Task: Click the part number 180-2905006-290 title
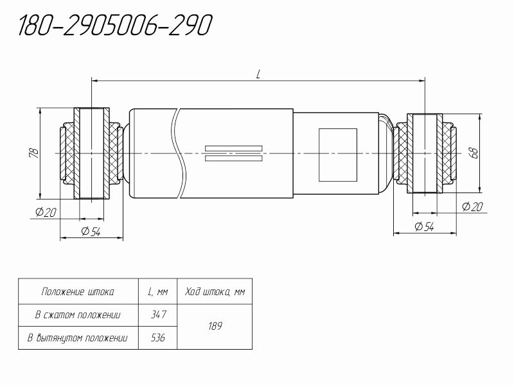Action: tap(116, 25)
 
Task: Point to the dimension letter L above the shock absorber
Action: tap(258, 74)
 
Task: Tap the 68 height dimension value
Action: tap(474, 153)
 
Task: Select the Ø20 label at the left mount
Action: tap(46, 212)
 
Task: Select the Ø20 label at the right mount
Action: tap(472, 207)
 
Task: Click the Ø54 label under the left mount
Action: tap(91, 232)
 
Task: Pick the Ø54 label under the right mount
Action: tap(424, 227)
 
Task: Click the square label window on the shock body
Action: tap(338, 155)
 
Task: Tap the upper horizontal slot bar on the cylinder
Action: tap(234, 148)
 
